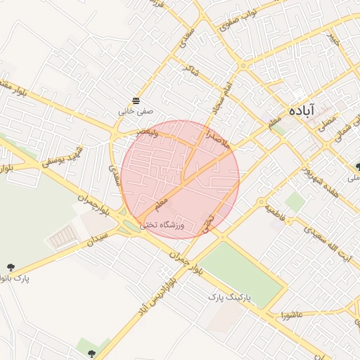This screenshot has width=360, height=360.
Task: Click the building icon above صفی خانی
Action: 136,100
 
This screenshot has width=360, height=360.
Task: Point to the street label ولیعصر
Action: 153,133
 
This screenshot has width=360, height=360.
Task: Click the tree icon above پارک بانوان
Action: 11,266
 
